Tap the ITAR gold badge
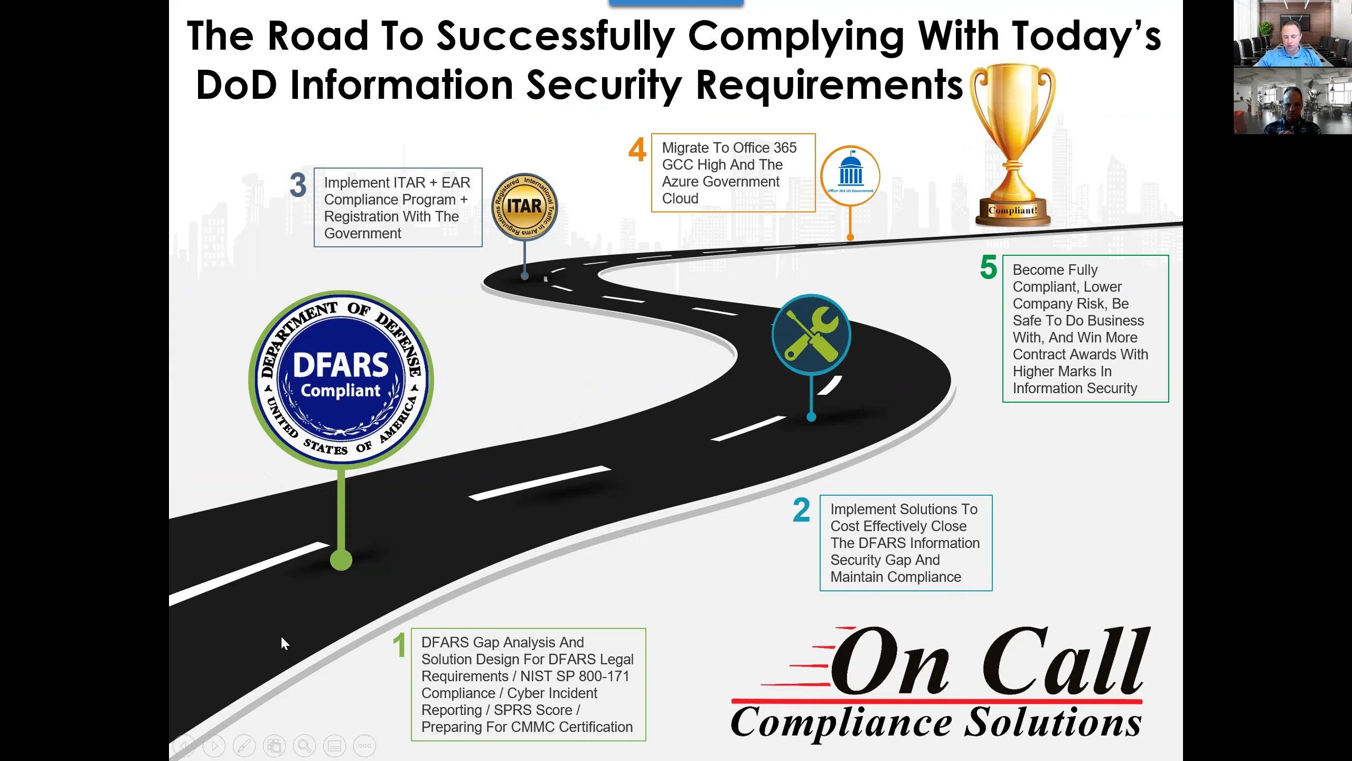coord(524,207)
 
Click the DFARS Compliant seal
coord(341,378)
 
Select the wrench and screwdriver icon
coord(811,335)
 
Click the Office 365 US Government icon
coord(850,175)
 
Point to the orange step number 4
coord(637,150)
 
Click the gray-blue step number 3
coord(298,185)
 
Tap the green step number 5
coord(988,267)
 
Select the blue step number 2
coord(801,510)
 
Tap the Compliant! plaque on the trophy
coord(1012,210)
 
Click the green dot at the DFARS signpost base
coord(341,560)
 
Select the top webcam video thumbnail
coord(1292,33)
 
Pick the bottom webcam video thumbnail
coord(1292,101)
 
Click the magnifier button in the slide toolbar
coord(304,746)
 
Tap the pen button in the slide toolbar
coord(244,746)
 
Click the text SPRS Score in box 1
coord(533,710)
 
